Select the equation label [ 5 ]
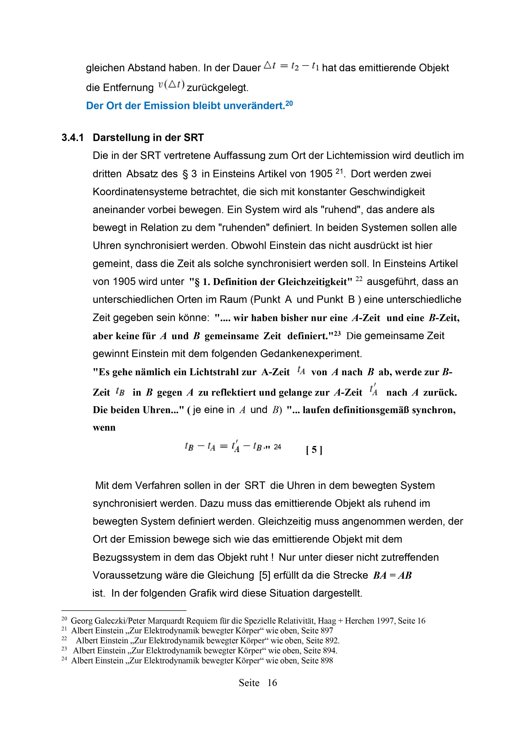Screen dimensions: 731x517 [x=314, y=450]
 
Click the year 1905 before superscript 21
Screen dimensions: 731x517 [x=321, y=174]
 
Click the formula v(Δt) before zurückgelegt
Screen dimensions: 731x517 [x=171, y=85]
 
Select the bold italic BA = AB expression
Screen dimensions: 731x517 [x=392, y=575]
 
